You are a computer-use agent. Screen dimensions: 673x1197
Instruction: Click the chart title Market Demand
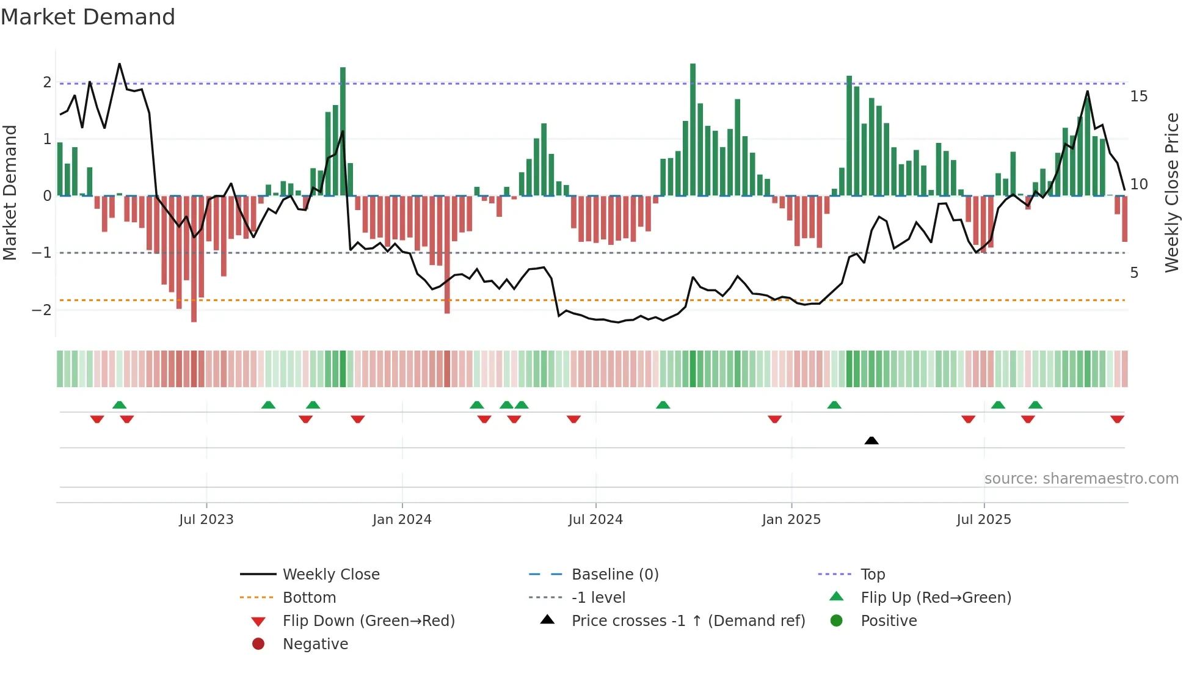point(88,17)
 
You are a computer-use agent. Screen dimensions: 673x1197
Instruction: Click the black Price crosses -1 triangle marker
point(871,440)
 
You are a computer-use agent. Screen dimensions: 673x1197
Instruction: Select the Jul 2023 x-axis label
point(206,520)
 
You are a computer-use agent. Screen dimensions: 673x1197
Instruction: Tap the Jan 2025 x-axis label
point(791,520)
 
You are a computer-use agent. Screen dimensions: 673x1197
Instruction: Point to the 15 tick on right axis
point(1138,96)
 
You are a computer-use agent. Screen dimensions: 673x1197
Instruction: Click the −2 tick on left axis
point(42,310)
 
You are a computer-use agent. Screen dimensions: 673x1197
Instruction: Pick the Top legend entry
point(872,574)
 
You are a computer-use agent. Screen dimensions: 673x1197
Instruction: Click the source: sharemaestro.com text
point(1081,478)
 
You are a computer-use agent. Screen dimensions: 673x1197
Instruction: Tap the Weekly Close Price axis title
point(1171,192)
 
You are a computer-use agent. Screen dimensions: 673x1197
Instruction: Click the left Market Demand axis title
point(10,192)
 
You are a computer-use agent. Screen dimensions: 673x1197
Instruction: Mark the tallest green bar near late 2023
point(343,131)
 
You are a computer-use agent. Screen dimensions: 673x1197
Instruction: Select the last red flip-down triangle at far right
point(1117,420)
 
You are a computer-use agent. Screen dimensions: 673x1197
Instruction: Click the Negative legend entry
point(315,644)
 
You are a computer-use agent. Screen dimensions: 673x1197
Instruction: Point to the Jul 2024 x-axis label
point(595,520)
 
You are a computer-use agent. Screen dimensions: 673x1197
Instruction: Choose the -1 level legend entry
point(598,597)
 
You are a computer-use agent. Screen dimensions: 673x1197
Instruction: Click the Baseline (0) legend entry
point(614,574)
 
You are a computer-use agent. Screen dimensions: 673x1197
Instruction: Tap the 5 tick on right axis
point(1134,273)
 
